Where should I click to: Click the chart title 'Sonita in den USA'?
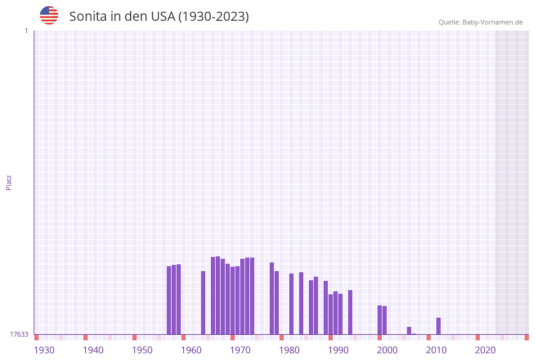(x=159, y=17)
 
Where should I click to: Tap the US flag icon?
(x=49, y=15)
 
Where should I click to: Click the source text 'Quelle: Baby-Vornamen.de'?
(x=480, y=22)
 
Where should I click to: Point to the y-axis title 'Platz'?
(x=9, y=183)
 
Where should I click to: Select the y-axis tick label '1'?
(x=26, y=31)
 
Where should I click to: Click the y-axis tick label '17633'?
(x=18, y=334)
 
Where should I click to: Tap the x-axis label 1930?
(x=44, y=350)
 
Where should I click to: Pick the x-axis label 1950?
(x=142, y=350)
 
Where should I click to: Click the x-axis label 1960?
(x=191, y=350)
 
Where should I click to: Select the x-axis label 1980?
(x=289, y=350)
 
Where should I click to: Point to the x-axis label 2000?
(x=387, y=350)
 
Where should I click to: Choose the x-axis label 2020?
(x=485, y=350)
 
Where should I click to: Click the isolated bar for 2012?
(x=438, y=326)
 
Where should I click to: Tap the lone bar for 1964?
(x=203, y=302)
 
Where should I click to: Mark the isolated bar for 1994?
(x=350, y=312)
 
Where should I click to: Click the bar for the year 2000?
(x=379, y=320)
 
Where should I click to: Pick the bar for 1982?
(x=291, y=304)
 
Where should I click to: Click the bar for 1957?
(x=173, y=299)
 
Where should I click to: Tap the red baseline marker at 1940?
(x=85, y=337)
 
